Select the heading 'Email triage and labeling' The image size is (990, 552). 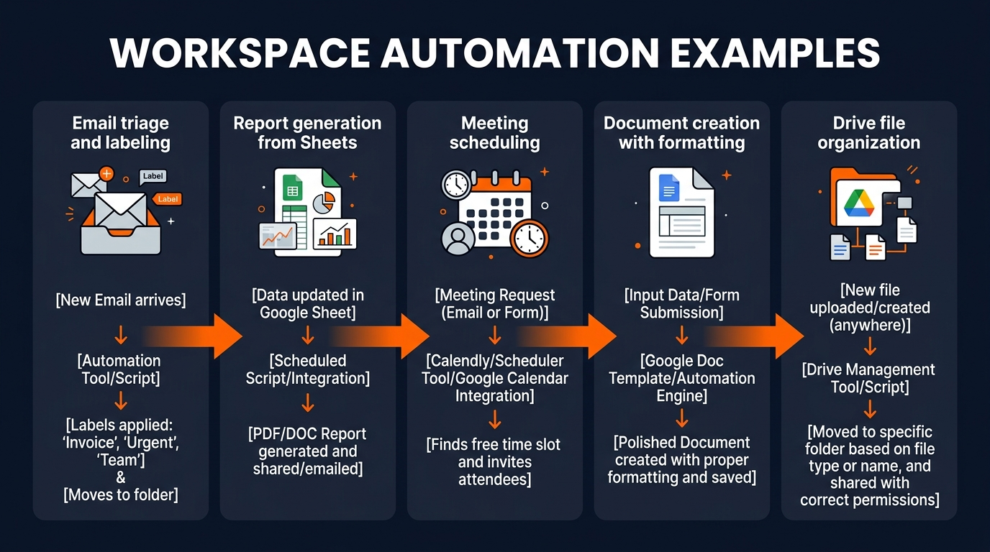[x=120, y=133]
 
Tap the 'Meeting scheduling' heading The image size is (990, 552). [x=494, y=133]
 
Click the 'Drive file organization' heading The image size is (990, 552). [x=868, y=133]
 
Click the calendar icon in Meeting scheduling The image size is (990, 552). [x=496, y=205]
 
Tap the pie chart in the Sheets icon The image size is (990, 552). [x=330, y=201]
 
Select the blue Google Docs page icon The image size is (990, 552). [x=669, y=188]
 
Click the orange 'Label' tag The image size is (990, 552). [x=168, y=199]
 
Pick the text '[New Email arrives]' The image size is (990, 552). [x=120, y=300]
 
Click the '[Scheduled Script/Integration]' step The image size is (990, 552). [x=307, y=369]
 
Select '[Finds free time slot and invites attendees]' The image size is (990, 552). [x=494, y=461]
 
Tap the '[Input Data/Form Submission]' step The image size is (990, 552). [x=681, y=304]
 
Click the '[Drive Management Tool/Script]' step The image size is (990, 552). [x=868, y=378]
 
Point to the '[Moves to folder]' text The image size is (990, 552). [x=120, y=494]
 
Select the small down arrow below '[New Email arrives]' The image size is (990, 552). [x=120, y=333]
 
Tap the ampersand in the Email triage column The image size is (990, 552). [x=120, y=478]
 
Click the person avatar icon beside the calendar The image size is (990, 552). [x=458, y=238]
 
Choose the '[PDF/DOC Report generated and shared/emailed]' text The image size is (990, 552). [x=307, y=451]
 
